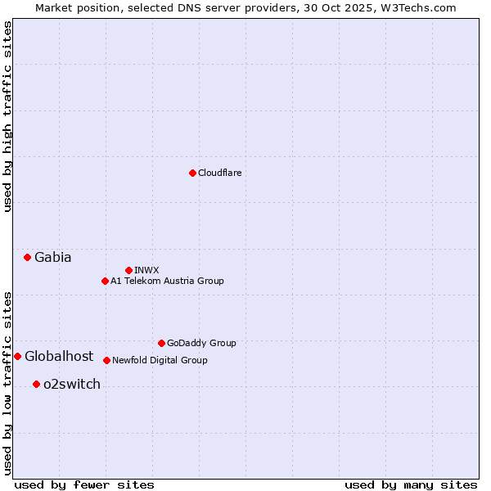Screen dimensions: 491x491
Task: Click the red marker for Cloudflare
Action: tap(192, 173)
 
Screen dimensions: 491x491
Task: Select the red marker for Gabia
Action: tap(27, 257)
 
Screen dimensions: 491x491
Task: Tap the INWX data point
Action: tap(128, 270)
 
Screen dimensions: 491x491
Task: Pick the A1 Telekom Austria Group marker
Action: tap(105, 281)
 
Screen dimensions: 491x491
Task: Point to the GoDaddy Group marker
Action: tap(161, 343)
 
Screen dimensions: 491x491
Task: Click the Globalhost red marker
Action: tap(17, 356)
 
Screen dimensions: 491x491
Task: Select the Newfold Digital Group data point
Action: tap(106, 360)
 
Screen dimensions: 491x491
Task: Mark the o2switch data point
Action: tap(36, 384)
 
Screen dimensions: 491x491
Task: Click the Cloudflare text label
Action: tap(219, 173)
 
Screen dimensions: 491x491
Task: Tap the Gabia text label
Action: tap(53, 257)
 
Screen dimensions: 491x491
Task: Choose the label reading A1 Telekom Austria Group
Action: tap(167, 281)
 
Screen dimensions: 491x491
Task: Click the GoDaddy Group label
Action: tap(201, 343)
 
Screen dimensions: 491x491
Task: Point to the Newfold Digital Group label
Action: tap(160, 360)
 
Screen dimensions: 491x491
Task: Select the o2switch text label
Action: tap(72, 384)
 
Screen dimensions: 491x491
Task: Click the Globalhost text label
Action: tap(59, 356)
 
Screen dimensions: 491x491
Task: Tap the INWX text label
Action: tap(146, 270)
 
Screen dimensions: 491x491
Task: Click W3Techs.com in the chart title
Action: tap(419, 7)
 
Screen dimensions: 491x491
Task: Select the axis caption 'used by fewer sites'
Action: tap(84, 484)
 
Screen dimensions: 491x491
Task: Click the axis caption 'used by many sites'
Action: tap(411, 484)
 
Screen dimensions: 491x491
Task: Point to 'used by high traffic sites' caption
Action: tap(7, 116)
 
